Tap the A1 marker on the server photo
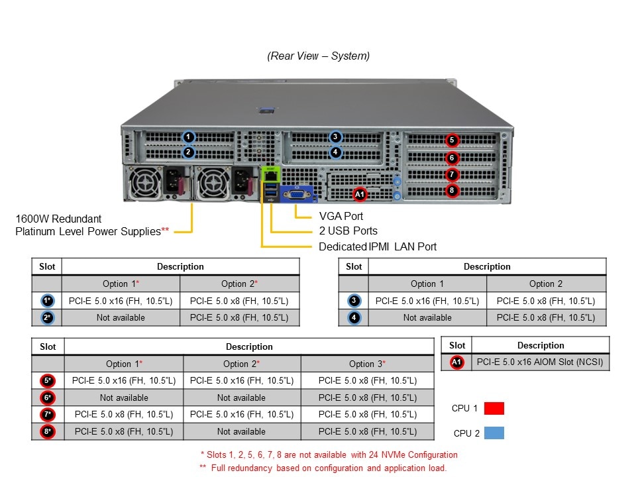click(x=360, y=194)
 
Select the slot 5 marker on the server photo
click(x=452, y=140)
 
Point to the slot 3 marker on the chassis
click(x=336, y=137)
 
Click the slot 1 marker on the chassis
click(x=189, y=137)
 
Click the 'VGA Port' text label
click(x=341, y=216)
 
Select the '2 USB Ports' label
click(x=348, y=231)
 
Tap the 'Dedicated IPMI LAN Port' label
click(x=378, y=246)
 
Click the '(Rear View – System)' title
click(x=318, y=56)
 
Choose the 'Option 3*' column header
click(x=367, y=364)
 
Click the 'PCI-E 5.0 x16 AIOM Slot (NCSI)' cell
click(x=540, y=362)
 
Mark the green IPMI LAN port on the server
click(x=270, y=176)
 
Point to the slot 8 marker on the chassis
click(x=452, y=191)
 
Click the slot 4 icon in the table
click(x=354, y=318)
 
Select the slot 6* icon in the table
click(x=48, y=397)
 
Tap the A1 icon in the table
click(x=456, y=362)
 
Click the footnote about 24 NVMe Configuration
click(x=329, y=455)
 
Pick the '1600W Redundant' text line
click(x=59, y=218)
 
